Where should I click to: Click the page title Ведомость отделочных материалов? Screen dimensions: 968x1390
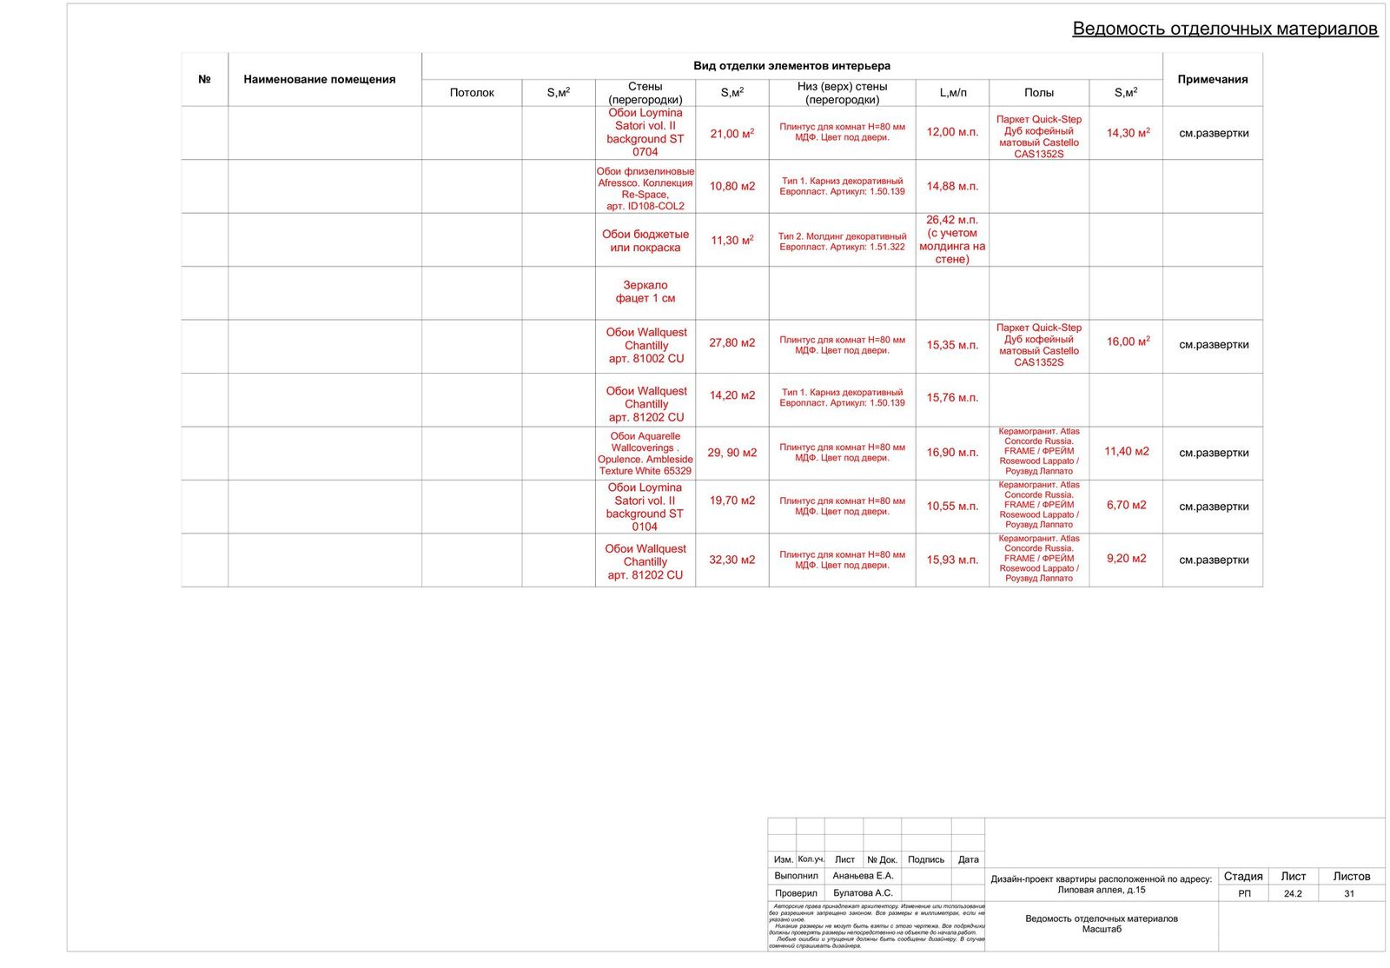[x=1224, y=29]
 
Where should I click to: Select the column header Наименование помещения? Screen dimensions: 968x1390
[x=319, y=79]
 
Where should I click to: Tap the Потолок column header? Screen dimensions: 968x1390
[x=472, y=92]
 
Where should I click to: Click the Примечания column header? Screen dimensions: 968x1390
[x=1212, y=79]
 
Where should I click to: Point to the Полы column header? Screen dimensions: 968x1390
[x=1038, y=92]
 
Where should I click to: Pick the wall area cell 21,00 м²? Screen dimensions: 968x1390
[x=731, y=133]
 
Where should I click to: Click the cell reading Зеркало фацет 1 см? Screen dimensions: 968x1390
[x=645, y=292]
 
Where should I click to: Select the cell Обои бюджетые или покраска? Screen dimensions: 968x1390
[x=645, y=241]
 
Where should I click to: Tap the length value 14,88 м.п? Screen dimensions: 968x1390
[x=951, y=186]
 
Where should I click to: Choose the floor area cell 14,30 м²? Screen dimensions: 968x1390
[x=1127, y=133]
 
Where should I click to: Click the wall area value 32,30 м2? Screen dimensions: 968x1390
[x=731, y=560]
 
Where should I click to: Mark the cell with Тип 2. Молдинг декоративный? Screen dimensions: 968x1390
[x=842, y=241]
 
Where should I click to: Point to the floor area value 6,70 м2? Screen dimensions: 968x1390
[x=1126, y=505]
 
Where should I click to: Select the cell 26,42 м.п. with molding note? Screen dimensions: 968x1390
[x=951, y=240]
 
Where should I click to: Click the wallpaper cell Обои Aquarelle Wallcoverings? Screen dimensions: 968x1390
[x=645, y=454]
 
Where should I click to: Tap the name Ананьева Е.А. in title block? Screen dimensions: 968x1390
[x=862, y=876]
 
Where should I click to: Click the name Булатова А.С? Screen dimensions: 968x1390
[x=862, y=892]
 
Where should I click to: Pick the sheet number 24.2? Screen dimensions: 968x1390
[x=1292, y=893]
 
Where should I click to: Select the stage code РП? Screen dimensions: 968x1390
[x=1244, y=893]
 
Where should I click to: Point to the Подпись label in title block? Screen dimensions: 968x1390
[x=925, y=859]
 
